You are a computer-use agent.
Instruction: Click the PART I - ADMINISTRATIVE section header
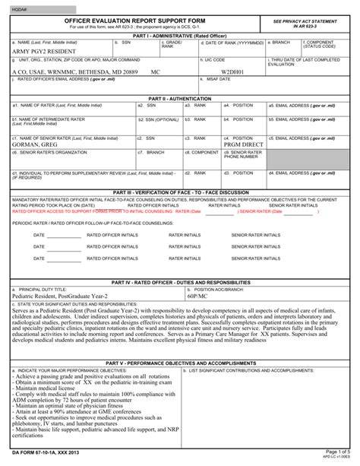pyautogui.click(x=180, y=35)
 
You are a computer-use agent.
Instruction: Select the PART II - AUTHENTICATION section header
pyautogui.click(x=180, y=99)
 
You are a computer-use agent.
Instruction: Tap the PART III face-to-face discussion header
pyautogui.click(x=180, y=192)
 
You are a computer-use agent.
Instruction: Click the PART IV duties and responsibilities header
pyautogui.click(x=180, y=281)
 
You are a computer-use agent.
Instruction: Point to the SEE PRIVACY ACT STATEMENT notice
pyautogui.click(x=307, y=20)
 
